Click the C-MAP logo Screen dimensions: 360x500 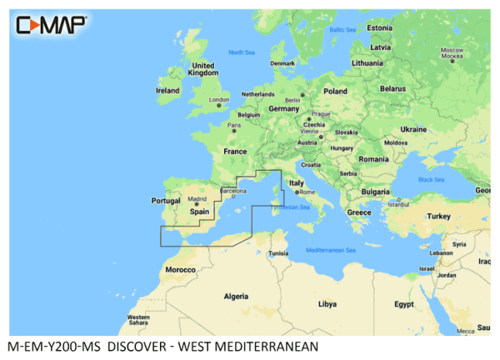click(x=51, y=24)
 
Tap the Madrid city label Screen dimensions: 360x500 click(x=197, y=199)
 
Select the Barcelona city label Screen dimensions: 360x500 click(x=232, y=191)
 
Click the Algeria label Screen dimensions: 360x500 click(x=237, y=296)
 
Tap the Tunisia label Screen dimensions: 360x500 click(x=278, y=253)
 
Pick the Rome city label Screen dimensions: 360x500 click(x=306, y=192)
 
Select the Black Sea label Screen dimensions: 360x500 click(x=431, y=179)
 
